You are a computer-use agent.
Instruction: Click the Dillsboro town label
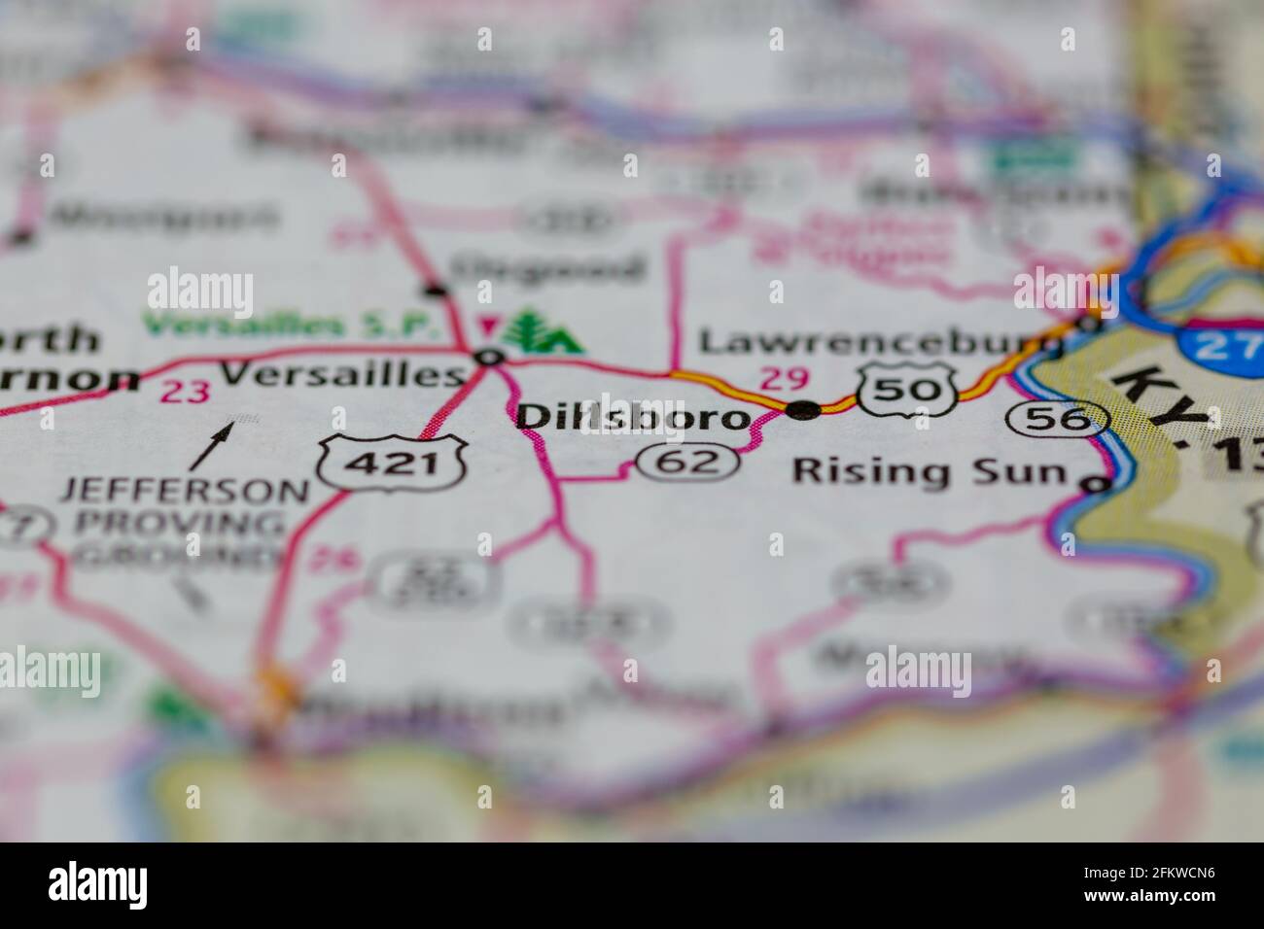pos(633,418)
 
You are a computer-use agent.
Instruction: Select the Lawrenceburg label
pos(881,342)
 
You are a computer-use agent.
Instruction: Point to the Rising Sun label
pos(930,471)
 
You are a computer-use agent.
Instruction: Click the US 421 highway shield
pos(395,464)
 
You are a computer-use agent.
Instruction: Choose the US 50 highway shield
pos(905,390)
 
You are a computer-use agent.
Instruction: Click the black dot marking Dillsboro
pos(802,410)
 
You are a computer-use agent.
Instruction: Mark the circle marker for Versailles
pos(490,358)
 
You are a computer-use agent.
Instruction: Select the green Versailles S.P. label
pos(289,326)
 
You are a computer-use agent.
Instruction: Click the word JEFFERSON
pos(184,490)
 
